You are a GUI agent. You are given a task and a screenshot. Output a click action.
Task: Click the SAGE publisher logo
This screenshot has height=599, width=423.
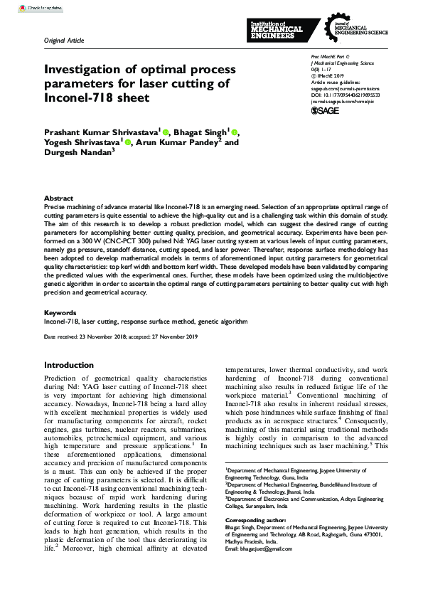tap(326, 111)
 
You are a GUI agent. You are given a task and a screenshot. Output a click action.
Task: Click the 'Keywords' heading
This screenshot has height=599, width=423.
tap(60, 312)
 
